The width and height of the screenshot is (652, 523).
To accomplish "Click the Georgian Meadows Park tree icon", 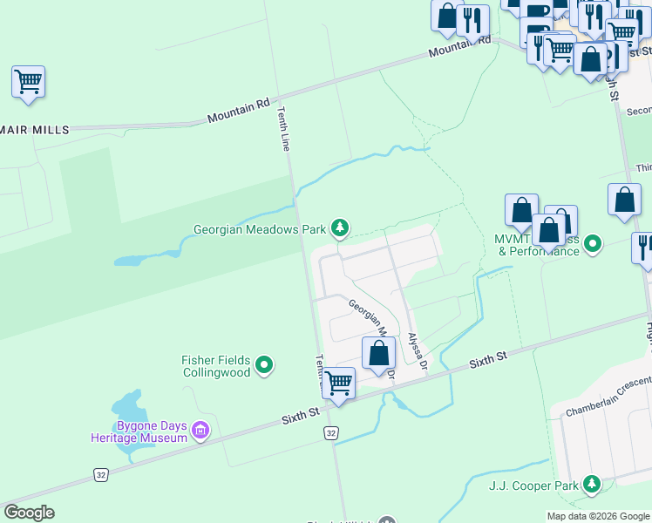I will coord(340,229).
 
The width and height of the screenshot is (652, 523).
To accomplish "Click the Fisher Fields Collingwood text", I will coord(216,366).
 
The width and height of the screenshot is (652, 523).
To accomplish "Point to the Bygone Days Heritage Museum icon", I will coord(201,430).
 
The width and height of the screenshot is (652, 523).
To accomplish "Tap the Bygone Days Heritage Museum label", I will coord(139,431).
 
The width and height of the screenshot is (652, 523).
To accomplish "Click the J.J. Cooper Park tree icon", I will coord(593,483).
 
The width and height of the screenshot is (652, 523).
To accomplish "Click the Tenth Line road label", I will coord(283,129).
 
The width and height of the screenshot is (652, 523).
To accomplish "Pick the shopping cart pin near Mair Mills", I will coord(28,84).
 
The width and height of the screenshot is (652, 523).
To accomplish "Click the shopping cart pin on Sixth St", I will coord(338,383).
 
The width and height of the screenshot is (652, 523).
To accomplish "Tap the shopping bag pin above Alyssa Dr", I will coord(378,353).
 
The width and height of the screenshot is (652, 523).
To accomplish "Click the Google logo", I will coord(29,513).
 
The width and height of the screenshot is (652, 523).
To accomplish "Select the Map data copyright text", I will coord(597,516).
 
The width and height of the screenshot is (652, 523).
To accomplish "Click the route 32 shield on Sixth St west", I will coord(101,474).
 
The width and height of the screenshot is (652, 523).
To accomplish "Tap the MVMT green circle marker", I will coord(593,243).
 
